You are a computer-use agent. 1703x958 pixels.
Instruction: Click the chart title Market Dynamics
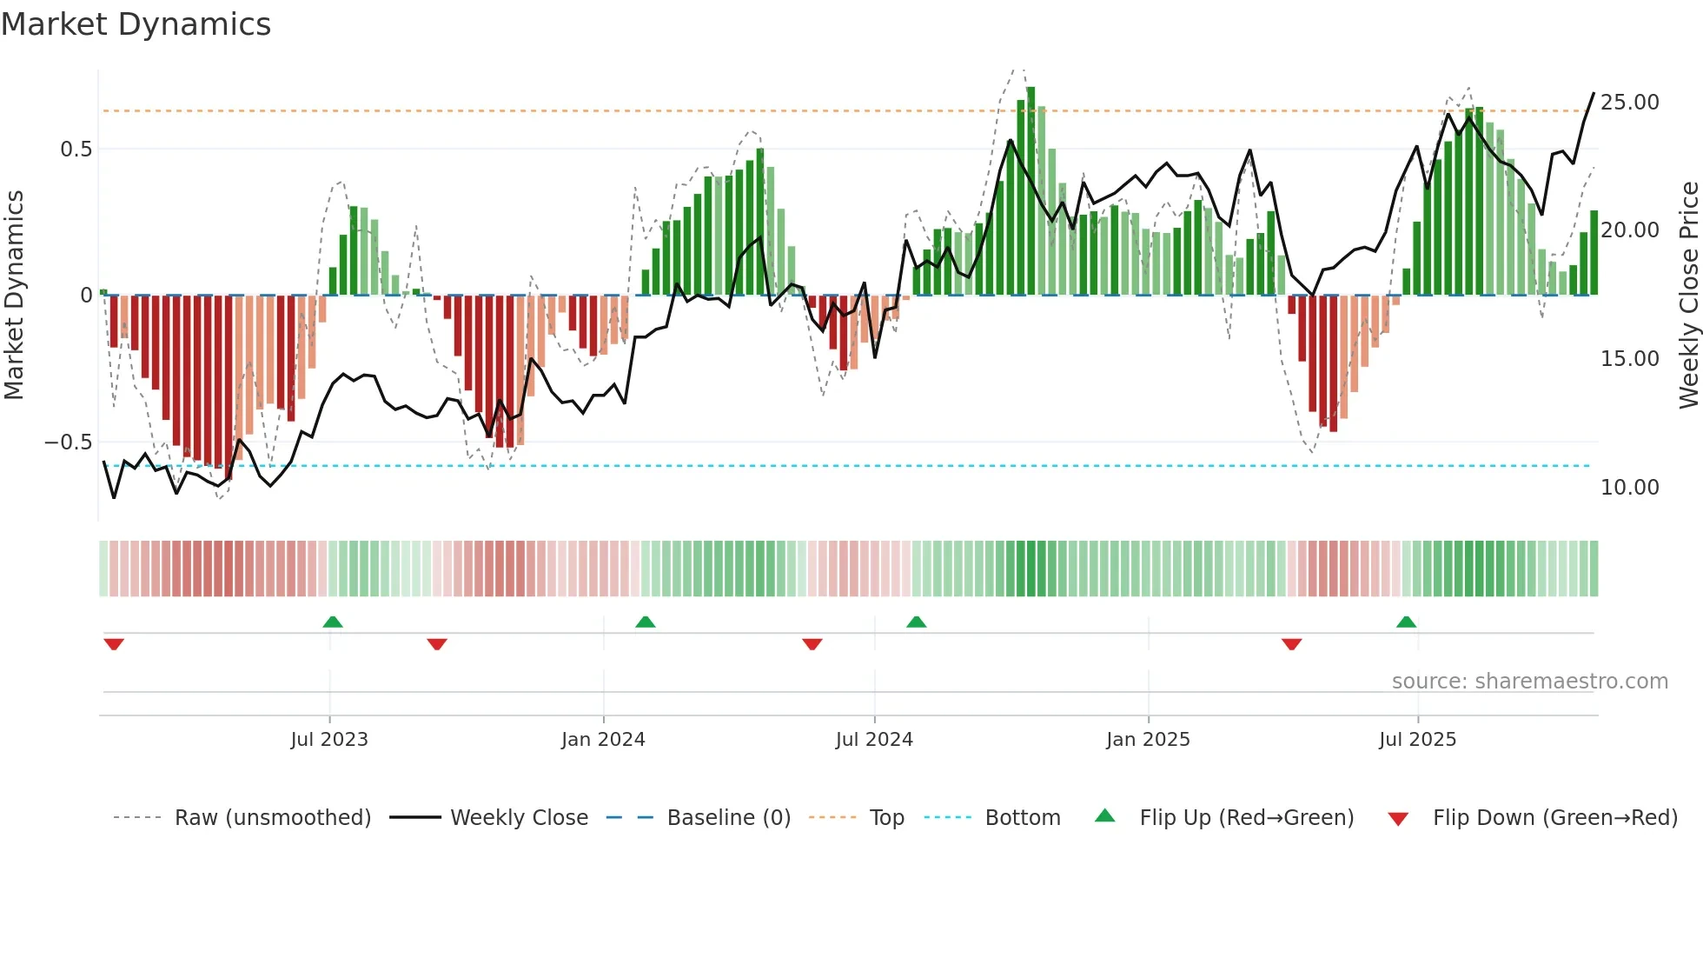coord(136,24)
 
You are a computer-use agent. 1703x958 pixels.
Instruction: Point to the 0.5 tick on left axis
coord(76,150)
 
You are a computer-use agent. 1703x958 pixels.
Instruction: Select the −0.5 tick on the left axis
coord(69,442)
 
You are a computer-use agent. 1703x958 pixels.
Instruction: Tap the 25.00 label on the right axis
coord(1629,103)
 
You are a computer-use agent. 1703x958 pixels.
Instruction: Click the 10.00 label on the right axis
coord(1629,488)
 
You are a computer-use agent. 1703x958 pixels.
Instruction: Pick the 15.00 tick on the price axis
coord(1629,359)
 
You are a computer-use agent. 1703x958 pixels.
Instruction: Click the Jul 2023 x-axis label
coord(329,740)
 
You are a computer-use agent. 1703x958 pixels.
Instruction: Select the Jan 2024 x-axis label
coord(603,740)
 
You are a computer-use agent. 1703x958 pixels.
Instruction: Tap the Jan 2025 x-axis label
coord(1148,740)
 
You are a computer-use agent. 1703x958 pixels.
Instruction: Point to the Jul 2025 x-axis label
coord(1417,740)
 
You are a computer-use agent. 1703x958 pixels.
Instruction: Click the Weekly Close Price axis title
coord(1688,296)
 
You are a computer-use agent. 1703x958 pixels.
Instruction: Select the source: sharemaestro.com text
coord(1529,682)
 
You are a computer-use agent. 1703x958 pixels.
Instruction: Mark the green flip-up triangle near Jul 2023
coord(332,622)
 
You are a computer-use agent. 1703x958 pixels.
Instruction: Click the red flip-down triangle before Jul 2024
coord(812,644)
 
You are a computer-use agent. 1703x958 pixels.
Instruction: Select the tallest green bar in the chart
coord(1030,191)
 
